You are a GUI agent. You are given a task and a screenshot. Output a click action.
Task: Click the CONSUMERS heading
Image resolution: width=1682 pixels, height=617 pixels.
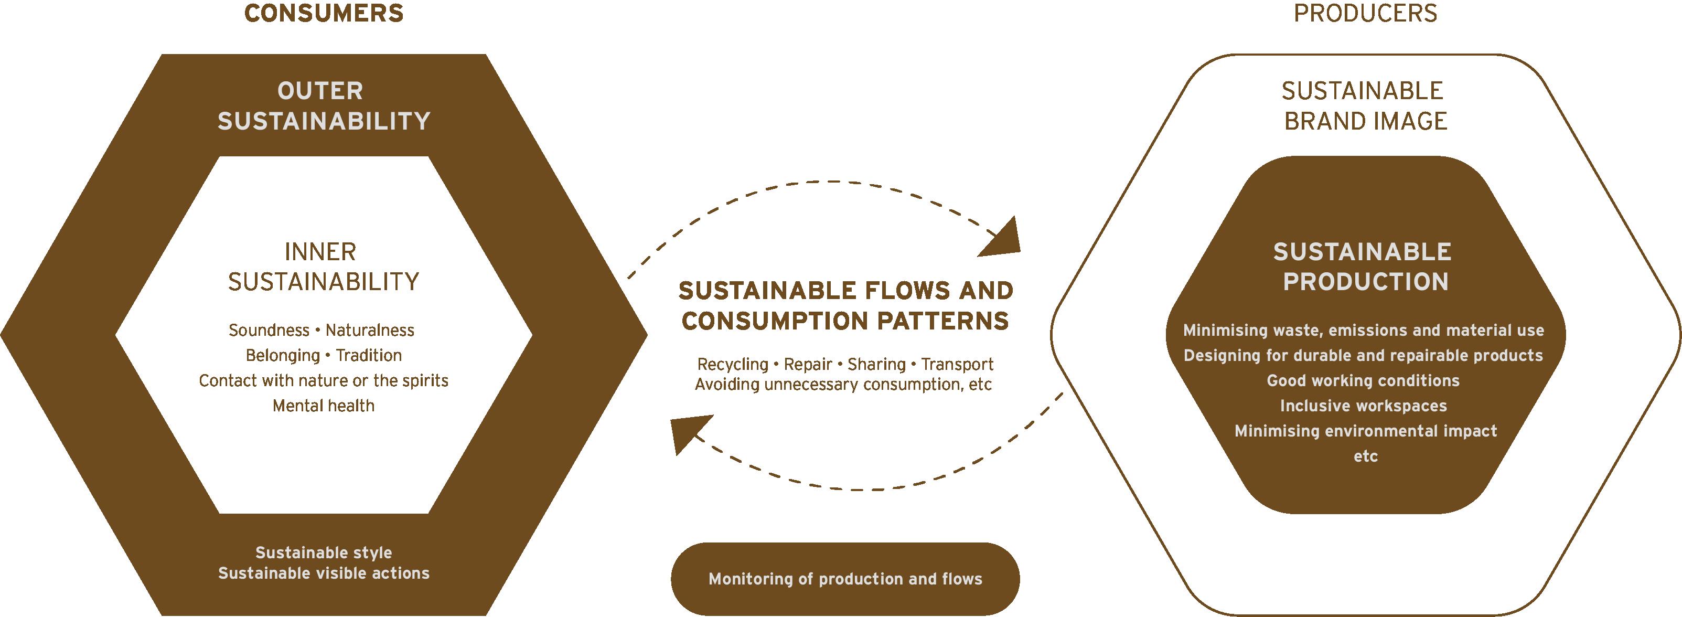324,14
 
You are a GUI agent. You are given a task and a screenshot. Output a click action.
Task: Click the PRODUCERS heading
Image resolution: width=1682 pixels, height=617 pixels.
1365,14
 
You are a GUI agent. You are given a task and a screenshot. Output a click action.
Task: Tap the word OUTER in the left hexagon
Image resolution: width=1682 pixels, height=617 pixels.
320,91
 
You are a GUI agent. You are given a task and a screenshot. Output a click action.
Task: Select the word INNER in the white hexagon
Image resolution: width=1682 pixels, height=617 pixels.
320,252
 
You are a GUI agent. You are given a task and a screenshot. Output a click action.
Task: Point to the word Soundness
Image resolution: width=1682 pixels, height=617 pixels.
269,331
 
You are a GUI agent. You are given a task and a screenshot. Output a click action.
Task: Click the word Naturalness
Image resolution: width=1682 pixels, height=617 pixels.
370,331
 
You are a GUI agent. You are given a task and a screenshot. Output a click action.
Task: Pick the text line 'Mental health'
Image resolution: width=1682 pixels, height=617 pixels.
323,406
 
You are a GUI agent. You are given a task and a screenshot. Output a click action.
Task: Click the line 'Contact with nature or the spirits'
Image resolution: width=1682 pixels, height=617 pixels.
323,381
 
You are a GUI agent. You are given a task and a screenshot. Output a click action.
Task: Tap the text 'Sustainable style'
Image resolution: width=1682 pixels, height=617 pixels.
323,553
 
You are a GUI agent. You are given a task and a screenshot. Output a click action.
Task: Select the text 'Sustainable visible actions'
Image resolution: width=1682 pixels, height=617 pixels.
323,573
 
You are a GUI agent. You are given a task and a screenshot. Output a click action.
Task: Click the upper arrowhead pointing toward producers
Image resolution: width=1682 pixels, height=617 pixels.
1002,239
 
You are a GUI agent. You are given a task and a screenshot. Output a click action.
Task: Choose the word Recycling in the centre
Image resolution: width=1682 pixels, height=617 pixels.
733,364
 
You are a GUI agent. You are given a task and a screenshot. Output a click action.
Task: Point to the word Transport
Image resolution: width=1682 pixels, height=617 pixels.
957,364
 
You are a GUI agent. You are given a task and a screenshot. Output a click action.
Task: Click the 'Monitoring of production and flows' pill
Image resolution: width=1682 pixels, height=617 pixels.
845,579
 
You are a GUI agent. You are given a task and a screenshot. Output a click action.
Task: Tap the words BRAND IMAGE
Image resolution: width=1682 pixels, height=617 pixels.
1365,121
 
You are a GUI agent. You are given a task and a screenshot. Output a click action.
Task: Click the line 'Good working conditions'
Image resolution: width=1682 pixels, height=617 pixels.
1363,381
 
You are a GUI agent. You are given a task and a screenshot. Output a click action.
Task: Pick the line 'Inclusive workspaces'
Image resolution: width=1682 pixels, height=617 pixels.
1363,406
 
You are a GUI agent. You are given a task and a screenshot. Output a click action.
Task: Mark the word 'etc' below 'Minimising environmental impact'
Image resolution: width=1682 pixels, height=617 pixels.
1365,456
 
